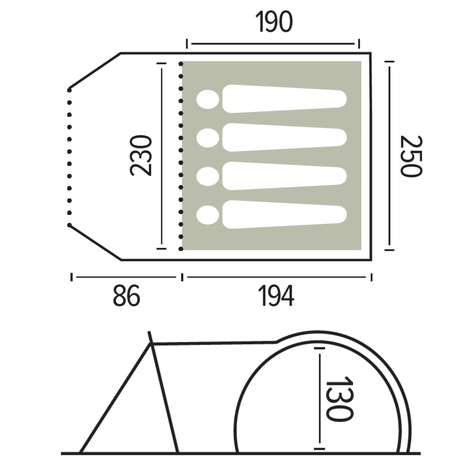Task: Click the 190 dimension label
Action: coord(274,22)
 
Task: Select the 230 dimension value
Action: coord(141,155)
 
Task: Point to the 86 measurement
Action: coord(127,296)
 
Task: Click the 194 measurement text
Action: coord(276,296)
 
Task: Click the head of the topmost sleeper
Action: coord(208,99)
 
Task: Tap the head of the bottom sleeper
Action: coord(208,215)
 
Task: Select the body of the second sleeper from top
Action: coord(285,138)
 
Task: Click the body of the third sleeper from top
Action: coord(285,176)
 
